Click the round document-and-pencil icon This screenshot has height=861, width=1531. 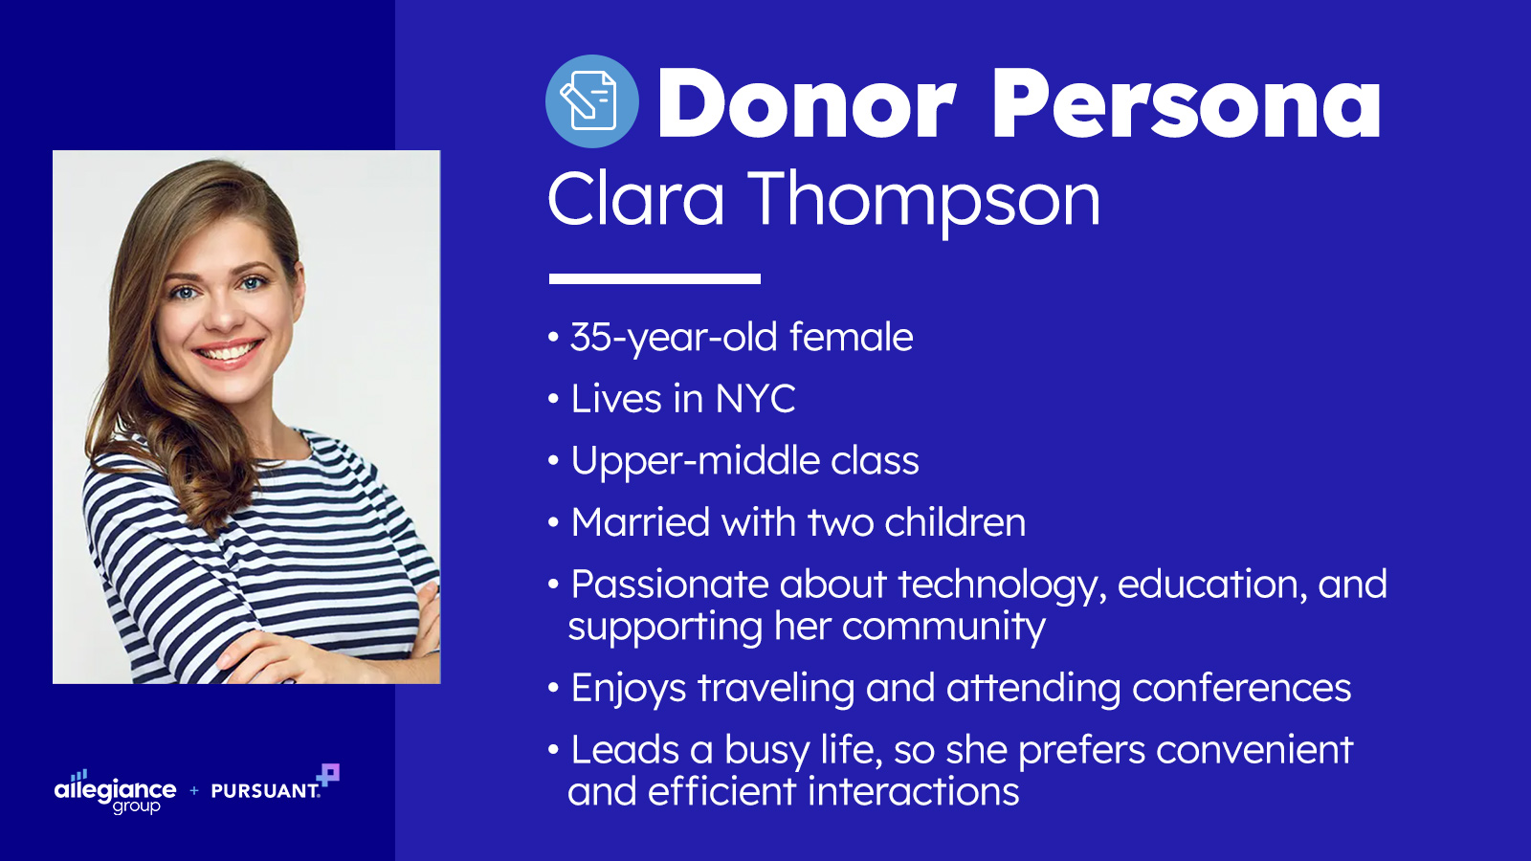pyautogui.click(x=592, y=101)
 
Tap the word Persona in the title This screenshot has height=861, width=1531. pyautogui.click(x=1187, y=104)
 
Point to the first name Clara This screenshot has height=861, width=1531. pyautogui.click(x=635, y=198)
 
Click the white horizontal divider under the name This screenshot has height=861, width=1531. pyautogui.click(x=655, y=278)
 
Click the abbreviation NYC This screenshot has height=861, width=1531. pyautogui.click(x=755, y=398)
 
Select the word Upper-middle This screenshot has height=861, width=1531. pyautogui.click(x=695, y=462)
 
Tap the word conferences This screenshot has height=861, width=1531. pyautogui.click(x=1241, y=688)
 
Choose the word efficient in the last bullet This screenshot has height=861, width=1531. pyautogui.click(x=721, y=791)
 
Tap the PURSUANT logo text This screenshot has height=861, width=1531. pyautogui.click(x=265, y=790)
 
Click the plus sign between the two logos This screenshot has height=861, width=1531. pyautogui.click(x=194, y=790)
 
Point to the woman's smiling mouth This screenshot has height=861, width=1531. pyautogui.click(x=228, y=351)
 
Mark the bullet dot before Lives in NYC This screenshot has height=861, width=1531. pyautogui.click(x=554, y=399)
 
